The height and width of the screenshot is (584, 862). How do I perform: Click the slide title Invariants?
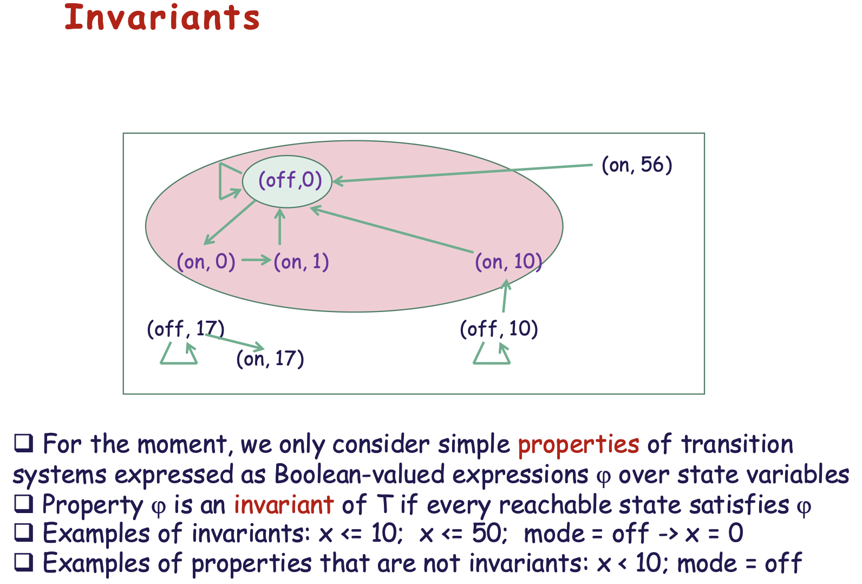coord(162,17)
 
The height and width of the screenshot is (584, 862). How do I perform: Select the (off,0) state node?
coord(287,181)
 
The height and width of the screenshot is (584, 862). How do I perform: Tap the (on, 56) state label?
coord(637,165)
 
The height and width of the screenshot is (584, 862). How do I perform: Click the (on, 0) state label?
coord(206,262)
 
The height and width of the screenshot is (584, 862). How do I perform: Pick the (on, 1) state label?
coord(301,262)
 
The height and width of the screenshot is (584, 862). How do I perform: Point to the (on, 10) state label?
coord(508,262)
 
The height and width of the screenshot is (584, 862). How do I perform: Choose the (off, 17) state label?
coord(186,329)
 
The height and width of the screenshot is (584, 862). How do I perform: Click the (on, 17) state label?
coord(270,359)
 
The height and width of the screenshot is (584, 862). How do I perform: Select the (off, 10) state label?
coord(499,329)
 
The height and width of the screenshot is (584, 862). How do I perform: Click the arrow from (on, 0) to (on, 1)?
coord(256,260)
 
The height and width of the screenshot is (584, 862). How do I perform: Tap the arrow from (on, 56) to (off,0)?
coord(462,173)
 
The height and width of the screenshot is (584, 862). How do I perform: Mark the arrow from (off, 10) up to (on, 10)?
coord(505,296)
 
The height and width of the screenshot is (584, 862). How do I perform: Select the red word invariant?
coord(284,505)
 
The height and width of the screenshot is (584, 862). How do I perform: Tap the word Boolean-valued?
coord(360,474)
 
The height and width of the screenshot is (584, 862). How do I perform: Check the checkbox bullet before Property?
coord(23,504)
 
